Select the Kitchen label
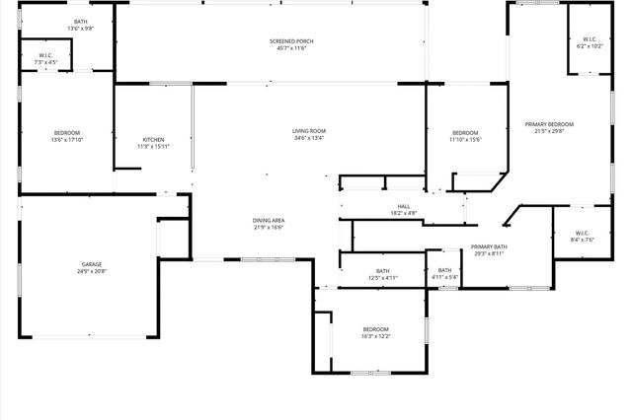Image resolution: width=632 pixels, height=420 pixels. [153, 139]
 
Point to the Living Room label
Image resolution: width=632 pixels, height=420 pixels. [309, 130]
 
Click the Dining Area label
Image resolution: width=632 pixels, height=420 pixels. [269, 220]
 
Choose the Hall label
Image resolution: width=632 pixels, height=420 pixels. [404, 206]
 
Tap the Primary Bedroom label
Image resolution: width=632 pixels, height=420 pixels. [554, 123]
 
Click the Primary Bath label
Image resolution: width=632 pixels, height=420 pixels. [489, 246]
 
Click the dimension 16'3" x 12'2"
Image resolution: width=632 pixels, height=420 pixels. [375, 337]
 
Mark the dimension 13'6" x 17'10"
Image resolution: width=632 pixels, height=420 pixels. [67, 140]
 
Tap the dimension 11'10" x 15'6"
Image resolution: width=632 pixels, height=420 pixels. [465, 140]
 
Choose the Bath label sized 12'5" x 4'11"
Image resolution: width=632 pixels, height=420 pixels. [382, 270]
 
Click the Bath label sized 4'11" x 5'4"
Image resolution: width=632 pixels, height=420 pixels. [444, 270]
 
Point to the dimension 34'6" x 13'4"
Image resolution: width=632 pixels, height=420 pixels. [309, 138]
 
